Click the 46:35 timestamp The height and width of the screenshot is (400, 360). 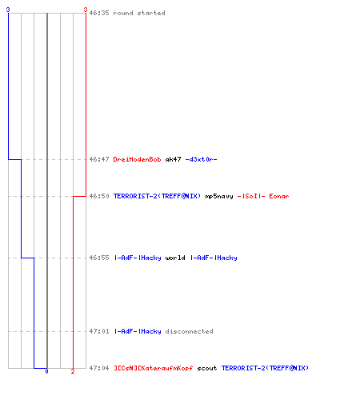tap(99, 13)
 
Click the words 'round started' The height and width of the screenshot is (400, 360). tap(139, 13)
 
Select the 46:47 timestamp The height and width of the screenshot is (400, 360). tap(99, 159)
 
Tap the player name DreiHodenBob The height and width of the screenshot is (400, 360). tap(137, 159)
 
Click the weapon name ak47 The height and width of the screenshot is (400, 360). tap(173, 159)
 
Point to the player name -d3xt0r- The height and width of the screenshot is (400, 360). tap(201, 159)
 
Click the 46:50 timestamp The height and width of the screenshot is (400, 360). tap(99, 196)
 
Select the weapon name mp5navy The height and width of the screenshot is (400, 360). tap(219, 196)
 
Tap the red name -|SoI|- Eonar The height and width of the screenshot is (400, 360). tap(263, 196)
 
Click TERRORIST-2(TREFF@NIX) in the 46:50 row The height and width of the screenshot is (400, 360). tap(157, 196)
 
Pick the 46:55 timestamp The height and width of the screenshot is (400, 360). tap(99, 258)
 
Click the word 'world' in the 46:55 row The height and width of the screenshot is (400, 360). tap(175, 258)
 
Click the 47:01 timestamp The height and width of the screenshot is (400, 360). tap(99, 331)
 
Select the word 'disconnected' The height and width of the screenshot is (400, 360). tap(189, 331)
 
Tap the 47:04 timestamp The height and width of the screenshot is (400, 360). tap(99, 368)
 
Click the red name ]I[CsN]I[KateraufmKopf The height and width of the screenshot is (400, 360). tap(153, 368)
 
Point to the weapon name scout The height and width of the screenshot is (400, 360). tap(207, 368)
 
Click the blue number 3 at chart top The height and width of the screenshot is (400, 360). tap(8, 10)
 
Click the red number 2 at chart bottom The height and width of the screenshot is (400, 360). tap(73, 371)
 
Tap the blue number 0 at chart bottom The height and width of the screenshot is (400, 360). tap(46, 371)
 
